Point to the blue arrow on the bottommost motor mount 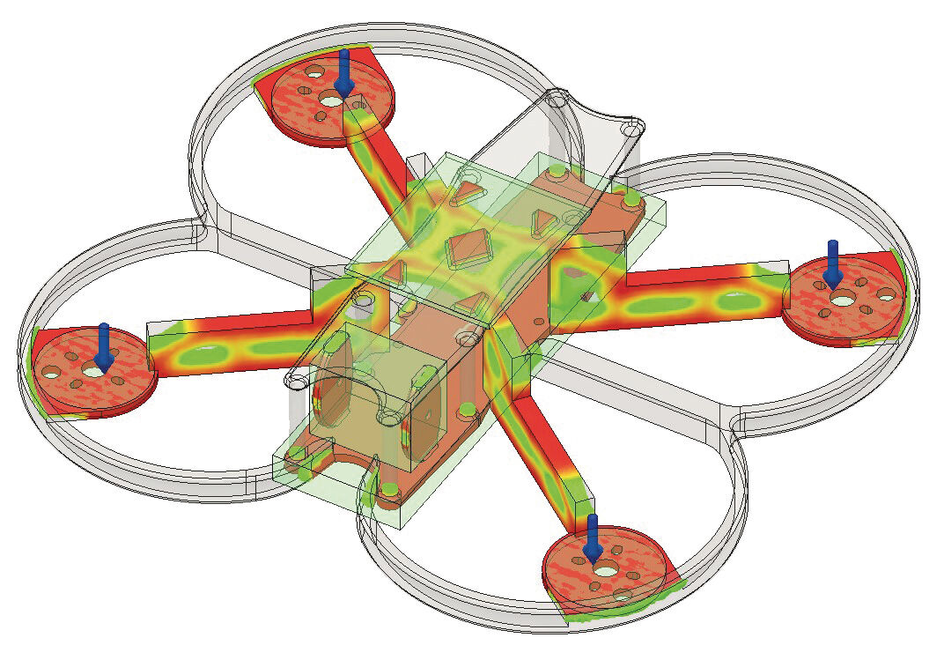pyautogui.click(x=594, y=537)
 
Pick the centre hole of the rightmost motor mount pyautogui.click(x=843, y=300)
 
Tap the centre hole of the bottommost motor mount pyautogui.click(x=605, y=570)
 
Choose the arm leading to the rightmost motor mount pyautogui.click(x=704, y=291)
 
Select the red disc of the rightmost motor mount pyautogui.click(x=867, y=295)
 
